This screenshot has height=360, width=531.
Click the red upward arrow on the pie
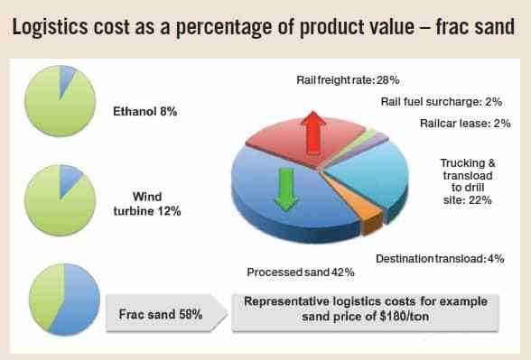click(313, 133)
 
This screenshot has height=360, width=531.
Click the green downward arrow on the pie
click(286, 189)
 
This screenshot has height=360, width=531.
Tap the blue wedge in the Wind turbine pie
click(69, 179)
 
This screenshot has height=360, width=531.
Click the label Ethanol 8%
click(144, 111)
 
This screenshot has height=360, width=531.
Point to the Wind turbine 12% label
click(147, 204)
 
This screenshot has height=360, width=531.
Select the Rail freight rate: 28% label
click(348, 80)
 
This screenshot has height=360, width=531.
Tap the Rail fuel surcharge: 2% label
click(442, 101)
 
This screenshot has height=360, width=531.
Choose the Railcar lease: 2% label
click(465, 123)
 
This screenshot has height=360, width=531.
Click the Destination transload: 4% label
click(440, 259)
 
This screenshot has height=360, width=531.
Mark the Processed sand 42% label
click(301, 272)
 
